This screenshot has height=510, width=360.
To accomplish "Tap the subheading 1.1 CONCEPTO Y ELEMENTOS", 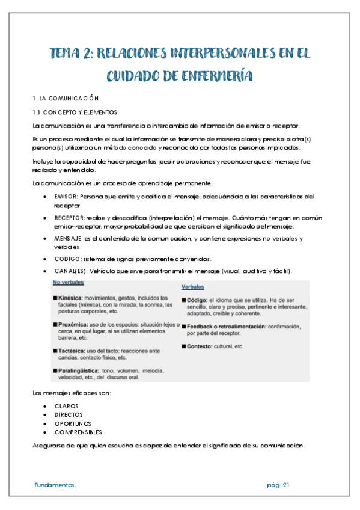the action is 75,112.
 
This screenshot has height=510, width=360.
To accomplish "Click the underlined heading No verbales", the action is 68,282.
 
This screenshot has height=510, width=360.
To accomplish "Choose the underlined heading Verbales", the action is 193,287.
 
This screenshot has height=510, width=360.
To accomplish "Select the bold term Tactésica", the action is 72,350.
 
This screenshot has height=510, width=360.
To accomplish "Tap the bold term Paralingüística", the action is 79,370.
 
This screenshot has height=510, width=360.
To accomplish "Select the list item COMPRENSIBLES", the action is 78,432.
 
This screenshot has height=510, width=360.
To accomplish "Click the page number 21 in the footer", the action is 287,485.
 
